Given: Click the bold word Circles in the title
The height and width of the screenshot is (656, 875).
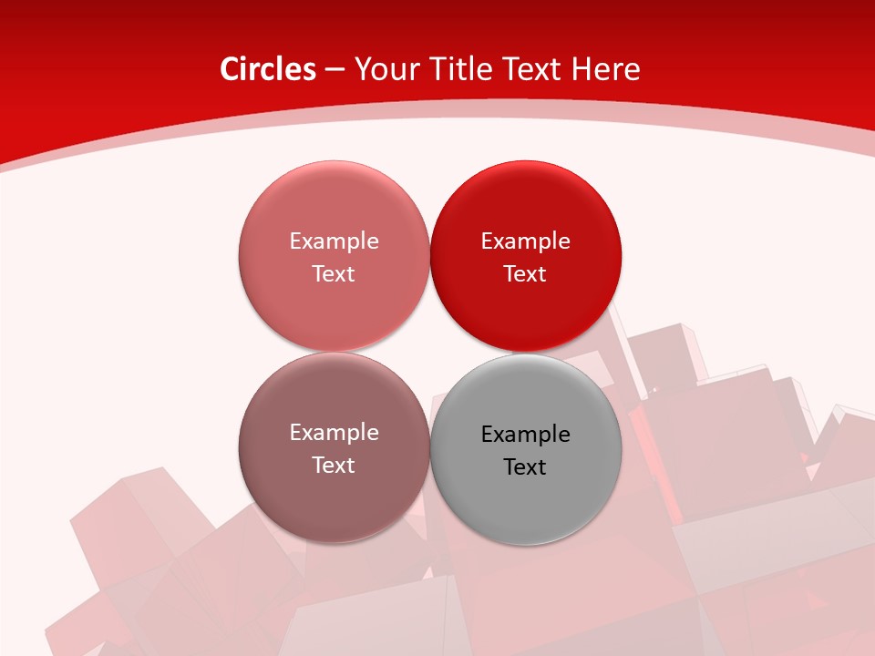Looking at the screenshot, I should (267, 69).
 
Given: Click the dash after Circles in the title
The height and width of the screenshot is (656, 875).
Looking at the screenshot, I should (335, 70).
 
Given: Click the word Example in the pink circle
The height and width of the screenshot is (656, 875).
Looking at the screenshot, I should (334, 241).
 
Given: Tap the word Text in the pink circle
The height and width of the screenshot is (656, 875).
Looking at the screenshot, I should (334, 273).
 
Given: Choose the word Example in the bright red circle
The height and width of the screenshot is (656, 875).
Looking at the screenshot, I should (525, 241).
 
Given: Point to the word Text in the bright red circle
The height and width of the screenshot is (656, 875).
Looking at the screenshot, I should (525, 273).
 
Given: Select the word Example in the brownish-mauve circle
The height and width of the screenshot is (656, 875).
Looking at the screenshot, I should (334, 432).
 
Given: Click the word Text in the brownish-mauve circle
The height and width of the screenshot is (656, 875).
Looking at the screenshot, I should (334, 465).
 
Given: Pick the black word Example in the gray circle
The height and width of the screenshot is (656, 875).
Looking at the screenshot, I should (525, 434).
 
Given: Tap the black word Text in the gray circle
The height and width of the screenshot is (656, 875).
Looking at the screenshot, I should (525, 466).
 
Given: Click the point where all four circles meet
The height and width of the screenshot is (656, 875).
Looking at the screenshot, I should (429, 352).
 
